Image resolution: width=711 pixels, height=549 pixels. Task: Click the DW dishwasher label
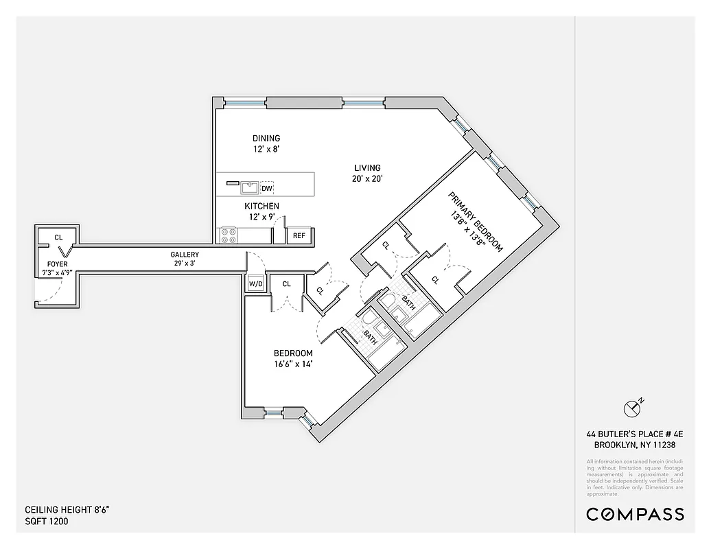268,188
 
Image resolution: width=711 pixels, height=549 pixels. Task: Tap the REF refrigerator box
299,235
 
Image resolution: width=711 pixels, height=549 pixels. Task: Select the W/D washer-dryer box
255,283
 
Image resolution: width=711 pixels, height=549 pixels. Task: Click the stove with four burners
229,235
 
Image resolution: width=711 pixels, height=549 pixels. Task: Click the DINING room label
266,138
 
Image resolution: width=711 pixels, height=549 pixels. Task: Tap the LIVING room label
367,168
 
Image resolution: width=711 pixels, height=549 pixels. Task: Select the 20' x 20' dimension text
367,178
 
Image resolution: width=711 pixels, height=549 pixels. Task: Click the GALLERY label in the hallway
185,255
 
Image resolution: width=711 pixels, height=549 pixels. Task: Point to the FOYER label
57,264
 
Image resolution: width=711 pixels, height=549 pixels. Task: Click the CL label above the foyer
58,237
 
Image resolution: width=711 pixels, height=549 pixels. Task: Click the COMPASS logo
635,514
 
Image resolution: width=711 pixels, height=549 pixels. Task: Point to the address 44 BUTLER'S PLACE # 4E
635,434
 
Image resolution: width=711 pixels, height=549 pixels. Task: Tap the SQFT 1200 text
47,521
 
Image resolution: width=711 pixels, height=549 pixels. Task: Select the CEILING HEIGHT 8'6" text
67,510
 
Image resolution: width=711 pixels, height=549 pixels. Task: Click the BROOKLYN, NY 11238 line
635,443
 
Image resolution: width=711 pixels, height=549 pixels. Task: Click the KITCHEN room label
261,206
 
